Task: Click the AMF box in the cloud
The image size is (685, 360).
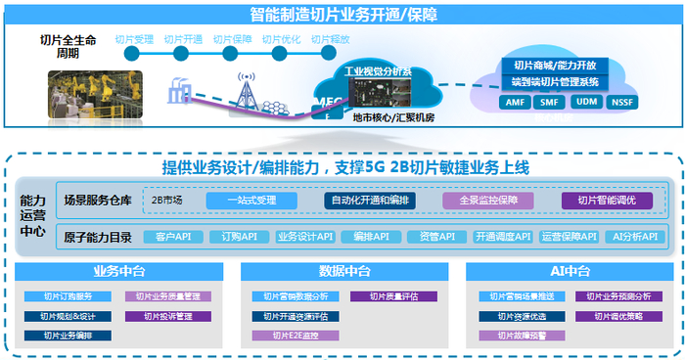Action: [515, 101]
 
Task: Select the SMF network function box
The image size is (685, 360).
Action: [550, 101]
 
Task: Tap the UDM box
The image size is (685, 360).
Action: [585, 101]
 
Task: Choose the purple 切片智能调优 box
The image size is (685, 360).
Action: [607, 200]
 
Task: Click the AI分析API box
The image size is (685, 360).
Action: [631, 237]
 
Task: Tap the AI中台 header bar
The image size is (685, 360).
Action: [569, 271]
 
